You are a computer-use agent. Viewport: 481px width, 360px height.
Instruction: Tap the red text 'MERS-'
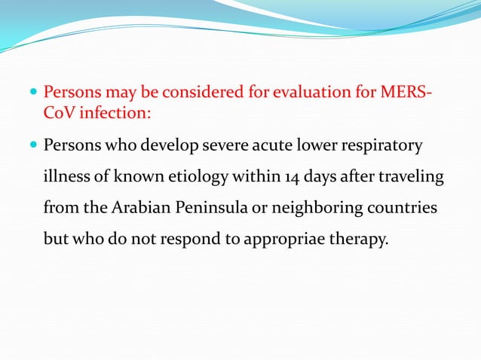pyautogui.click(x=408, y=94)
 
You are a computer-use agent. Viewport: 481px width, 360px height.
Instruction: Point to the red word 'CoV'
pyautogui.click(x=59, y=114)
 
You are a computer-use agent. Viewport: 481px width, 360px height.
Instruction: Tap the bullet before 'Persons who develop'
pyautogui.click(x=32, y=145)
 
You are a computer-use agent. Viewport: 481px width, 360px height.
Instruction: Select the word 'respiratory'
pyautogui.click(x=384, y=145)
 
